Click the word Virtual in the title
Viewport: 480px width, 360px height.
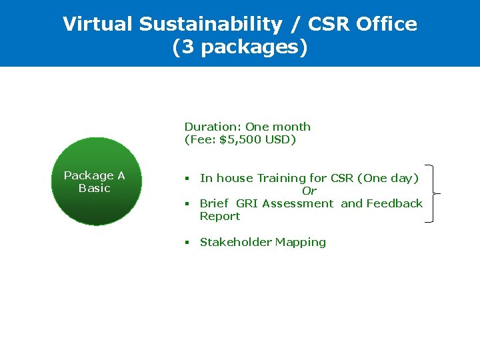point(98,24)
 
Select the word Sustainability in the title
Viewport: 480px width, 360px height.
point(211,24)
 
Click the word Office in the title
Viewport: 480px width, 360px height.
point(387,24)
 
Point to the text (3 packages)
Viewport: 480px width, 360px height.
point(240,48)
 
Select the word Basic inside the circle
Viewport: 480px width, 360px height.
point(94,188)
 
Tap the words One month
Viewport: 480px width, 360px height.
point(278,127)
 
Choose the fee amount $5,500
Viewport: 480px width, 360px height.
point(244,139)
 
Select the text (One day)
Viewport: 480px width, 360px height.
point(388,178)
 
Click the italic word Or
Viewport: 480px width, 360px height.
point(309,191)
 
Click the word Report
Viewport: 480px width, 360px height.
point(220,216)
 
